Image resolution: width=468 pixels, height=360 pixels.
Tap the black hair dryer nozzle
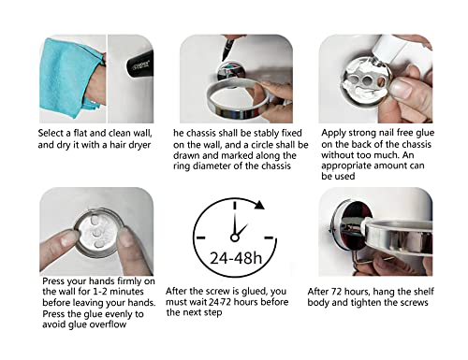139,65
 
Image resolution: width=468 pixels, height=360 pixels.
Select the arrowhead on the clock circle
259,205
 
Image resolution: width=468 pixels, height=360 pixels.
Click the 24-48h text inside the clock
236,258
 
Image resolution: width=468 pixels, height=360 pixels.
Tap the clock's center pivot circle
235,238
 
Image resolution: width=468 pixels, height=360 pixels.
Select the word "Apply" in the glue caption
333,134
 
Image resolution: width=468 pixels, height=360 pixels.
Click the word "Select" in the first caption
51,134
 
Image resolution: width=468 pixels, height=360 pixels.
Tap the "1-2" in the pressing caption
100,292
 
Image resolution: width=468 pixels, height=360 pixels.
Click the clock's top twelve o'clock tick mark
235,205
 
